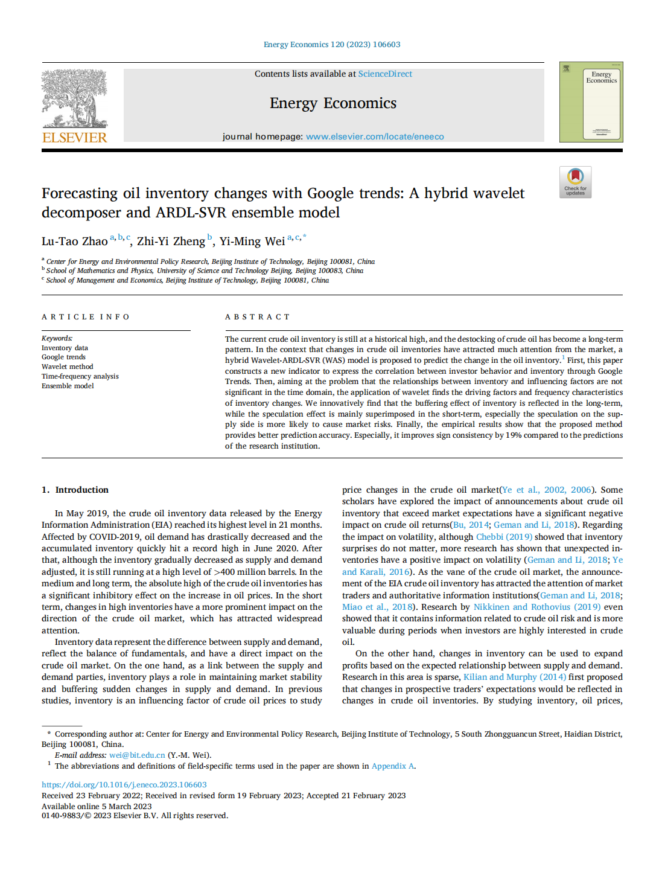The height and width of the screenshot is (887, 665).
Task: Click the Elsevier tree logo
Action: pyautogui.click(x=74, y=98)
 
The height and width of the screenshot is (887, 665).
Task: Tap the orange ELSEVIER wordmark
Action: pyautogui.click(x=75, y=138)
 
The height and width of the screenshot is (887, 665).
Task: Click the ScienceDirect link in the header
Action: pyautogui.click(x=385, y=74)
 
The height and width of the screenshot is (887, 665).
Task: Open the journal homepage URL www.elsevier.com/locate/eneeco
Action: pyautogui.click(x=375, y=136)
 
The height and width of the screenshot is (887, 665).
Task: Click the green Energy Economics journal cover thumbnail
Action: pyautogui.click(x=591, y=102)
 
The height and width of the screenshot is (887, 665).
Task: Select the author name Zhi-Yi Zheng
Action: pyautogui.click(x=171, y=242)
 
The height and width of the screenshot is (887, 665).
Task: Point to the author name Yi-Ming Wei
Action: pyautogui.click(x=252, y=242)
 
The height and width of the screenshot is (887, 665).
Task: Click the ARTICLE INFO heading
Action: pyautogui.click(x=85, y=317)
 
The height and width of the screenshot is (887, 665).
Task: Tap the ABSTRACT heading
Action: pyautogui.click(x=257, y=317)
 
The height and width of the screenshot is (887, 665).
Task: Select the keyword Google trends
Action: pyautogui.click(x=63, y=357)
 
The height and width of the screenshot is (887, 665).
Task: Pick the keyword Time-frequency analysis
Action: pyautogui.click(x=80, y=376)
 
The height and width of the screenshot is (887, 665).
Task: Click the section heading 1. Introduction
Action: pyautogui.click(x=75, y=490)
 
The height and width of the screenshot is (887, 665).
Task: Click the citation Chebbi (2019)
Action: pyautogui.click(x=504, y=537)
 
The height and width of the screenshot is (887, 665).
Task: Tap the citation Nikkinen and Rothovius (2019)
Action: pyautogui.click(x=536, y=607)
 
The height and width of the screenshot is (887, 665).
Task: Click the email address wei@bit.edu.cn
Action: pyautogui.click(x=137, y=755)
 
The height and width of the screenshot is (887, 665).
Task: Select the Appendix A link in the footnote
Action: pyautogui.click(x=392, y=766)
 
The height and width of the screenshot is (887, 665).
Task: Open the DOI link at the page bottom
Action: pyautogui.click(x=124, y=785)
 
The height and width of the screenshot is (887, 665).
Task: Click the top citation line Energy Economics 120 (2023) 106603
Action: pyautogui.click(x=332, y=45)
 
